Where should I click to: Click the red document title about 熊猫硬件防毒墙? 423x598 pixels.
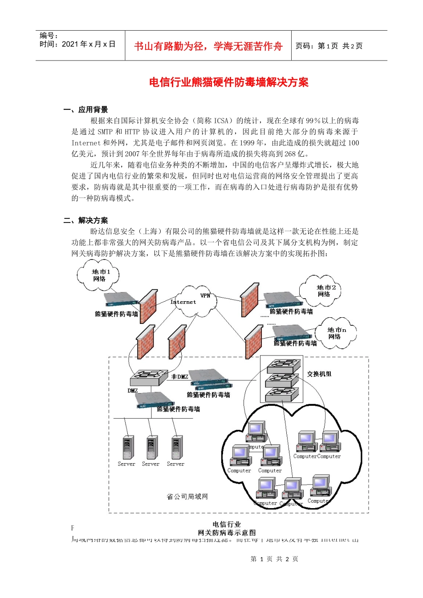coord(228,82)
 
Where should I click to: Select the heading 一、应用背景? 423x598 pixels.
coord(85,109)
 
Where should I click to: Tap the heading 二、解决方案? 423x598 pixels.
coord(85,220)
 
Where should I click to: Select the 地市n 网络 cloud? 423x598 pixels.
coord(336,333)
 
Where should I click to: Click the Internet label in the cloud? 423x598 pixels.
coord(183,302)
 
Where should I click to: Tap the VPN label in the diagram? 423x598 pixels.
coord(205,295)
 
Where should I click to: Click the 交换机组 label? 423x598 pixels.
coord(319,374)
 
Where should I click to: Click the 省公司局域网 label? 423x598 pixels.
coord(187,497)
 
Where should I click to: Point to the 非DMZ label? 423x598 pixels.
coord(180,377)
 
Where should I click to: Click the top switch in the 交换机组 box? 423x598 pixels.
coord(282,366)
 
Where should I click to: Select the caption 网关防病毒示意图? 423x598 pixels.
coord(227,533)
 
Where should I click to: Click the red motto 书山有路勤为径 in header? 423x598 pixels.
coord(208,46)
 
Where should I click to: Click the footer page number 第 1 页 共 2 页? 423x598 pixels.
coord(274,559)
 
